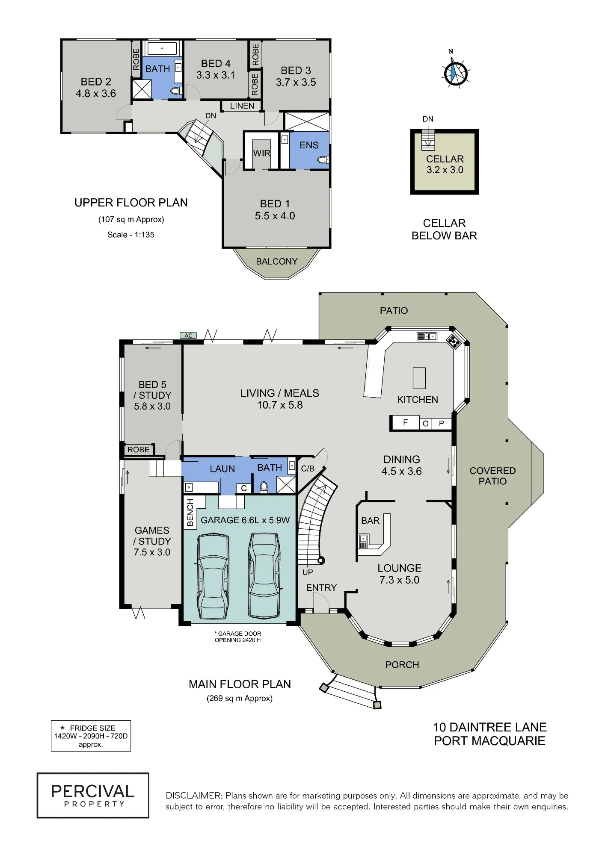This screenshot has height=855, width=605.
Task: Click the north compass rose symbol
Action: tap(454, 72)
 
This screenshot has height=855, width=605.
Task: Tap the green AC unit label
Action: tap(188, 336)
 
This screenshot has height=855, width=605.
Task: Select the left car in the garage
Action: tap(213, 575)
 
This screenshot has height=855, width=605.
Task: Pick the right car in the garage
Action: tap(264, 575)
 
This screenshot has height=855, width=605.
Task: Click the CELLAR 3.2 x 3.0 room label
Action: tap(445, 164)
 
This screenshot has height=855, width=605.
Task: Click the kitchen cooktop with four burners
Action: tap(453, 341)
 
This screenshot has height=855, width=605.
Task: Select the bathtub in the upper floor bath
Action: tap(162, 48)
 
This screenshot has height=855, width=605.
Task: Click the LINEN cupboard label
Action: tap(242, 106)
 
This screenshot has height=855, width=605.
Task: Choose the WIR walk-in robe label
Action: tap(261, 153)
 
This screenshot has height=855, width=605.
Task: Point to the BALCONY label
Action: tap(276, 261)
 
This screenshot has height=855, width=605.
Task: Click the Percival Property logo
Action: tap(93, 795)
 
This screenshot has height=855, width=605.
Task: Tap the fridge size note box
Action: tap(91, 736)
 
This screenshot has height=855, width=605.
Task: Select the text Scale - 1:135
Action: tap(131, 234)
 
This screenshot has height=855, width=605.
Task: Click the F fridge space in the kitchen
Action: tap(405, 423)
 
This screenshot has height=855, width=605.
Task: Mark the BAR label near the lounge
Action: tap(370, 520)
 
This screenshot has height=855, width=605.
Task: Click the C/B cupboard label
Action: tap(308, 469)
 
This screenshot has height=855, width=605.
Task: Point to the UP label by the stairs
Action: tap(308, 572)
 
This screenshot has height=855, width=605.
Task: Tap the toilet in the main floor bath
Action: tap(264, 486)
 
